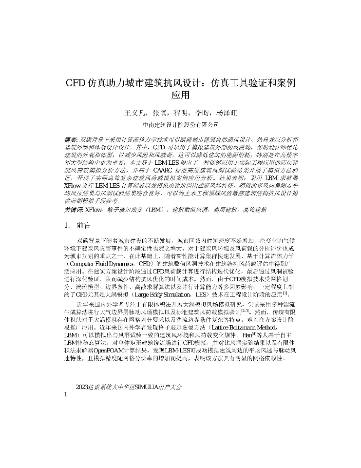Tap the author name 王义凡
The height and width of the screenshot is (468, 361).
[x=135, y=113]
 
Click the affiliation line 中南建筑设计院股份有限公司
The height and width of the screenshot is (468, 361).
[x=180, y=124]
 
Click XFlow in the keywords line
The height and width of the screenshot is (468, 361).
[x=93, y=210]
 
